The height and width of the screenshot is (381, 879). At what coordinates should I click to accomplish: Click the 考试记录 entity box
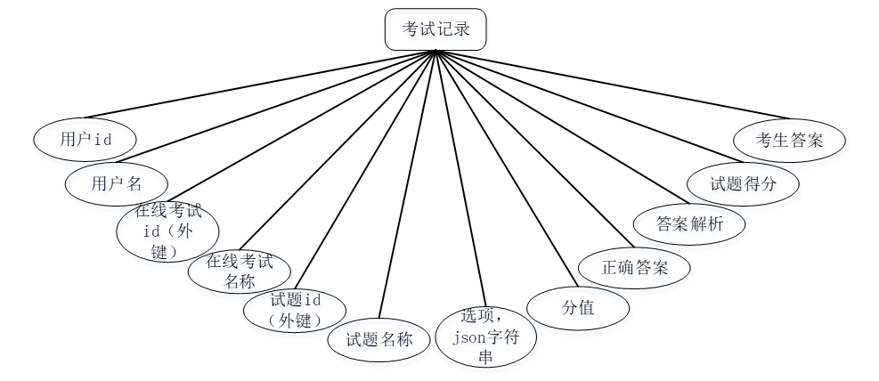435,29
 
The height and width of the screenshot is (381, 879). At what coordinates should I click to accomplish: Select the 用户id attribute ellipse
85,139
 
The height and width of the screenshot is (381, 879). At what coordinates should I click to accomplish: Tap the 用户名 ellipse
116,183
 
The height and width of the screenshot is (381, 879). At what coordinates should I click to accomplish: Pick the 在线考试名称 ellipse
239,272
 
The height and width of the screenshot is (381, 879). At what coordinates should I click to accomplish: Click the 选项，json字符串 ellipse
485,337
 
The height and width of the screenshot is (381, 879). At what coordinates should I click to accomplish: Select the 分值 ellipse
578,308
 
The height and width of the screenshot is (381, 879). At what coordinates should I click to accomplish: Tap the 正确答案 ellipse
634,267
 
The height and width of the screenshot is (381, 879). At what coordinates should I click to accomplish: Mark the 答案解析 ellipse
688,223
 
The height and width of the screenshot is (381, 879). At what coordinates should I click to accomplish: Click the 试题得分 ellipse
743,184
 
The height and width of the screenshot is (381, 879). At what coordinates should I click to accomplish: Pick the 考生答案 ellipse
789,141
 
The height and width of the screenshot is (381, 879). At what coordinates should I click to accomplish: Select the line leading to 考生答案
614,85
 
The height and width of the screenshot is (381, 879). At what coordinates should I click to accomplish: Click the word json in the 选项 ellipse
468,338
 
